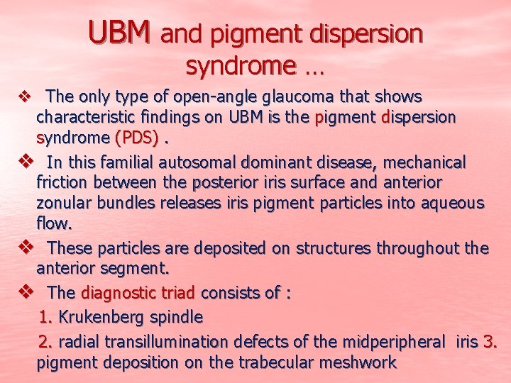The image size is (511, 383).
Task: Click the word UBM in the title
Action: (120, 31)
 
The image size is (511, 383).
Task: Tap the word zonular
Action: (67, 204)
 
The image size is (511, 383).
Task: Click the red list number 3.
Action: (490, 342)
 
